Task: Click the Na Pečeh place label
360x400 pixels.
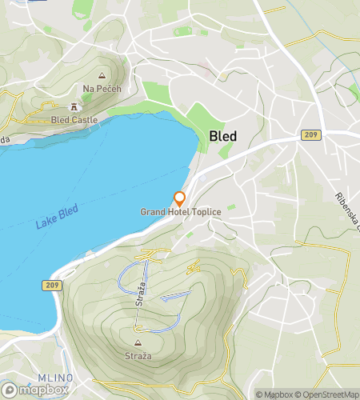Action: point(102,88)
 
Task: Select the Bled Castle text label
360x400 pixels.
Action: point(74,119)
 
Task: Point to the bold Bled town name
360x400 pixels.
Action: point(222,136)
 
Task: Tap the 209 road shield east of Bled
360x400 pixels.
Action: point(312,135)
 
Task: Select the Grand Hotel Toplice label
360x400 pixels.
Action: point(180,211)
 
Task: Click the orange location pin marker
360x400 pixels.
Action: point(180,198)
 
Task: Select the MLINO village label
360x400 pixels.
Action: point(56,378)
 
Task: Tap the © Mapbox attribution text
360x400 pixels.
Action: point(273,394)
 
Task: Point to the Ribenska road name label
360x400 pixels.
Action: point(347,210)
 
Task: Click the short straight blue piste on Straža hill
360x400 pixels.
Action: point(176,296)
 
